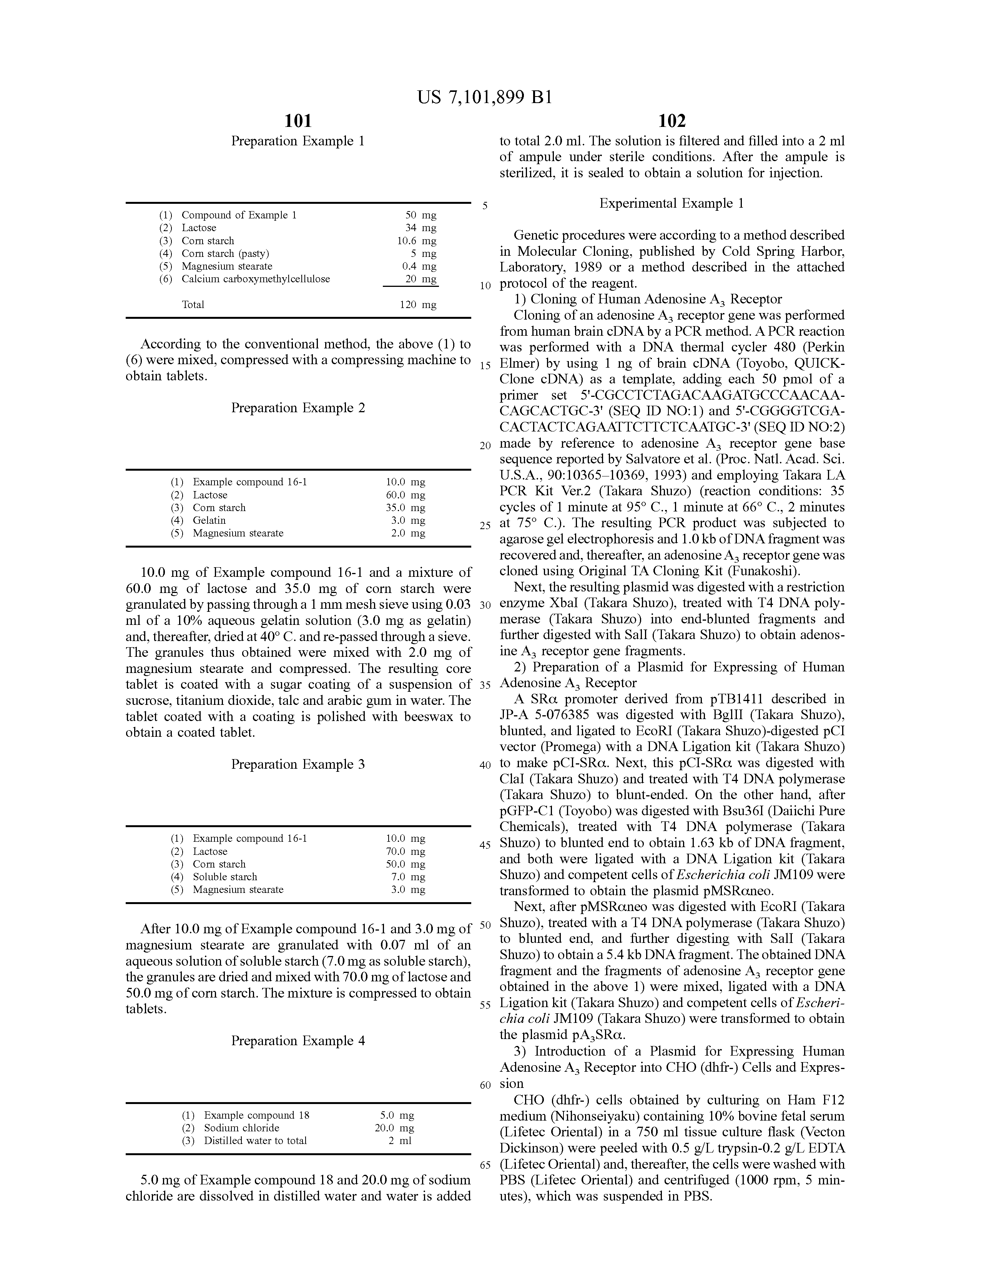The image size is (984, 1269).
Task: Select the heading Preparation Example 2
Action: (298, 408)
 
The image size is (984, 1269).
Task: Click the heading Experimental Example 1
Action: (672, 203)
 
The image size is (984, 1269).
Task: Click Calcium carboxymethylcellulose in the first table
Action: (256, 279)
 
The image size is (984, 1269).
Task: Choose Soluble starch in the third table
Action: (225, 877)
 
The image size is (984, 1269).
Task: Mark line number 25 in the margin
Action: (485, 526)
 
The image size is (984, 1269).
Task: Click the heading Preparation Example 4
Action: (298, 1041)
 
